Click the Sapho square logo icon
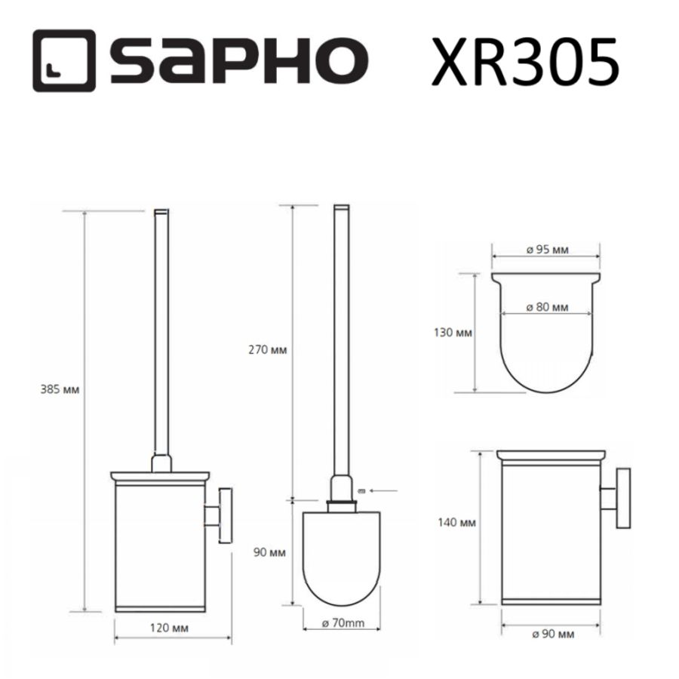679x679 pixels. point(63,61)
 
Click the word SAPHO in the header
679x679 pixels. point(234,62)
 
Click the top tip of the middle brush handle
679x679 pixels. point(340,208)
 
